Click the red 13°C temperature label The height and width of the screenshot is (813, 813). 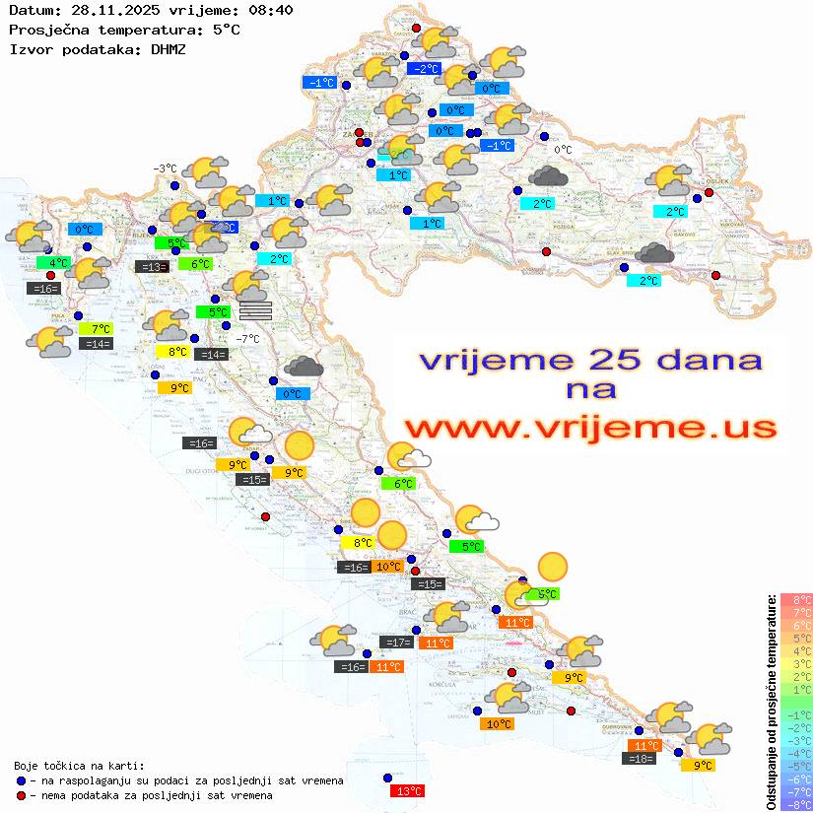(408, 790)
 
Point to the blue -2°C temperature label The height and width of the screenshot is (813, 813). (424, 69)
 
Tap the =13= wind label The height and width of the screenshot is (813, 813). (151, 266)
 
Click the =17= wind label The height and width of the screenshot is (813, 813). (396, 643)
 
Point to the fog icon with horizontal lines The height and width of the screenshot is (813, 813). (254, 310)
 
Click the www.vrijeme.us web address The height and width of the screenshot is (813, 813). (590, 429)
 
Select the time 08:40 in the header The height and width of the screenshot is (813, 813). (271, 11)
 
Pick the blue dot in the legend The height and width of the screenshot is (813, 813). (21, 779)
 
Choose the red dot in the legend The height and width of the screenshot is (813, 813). (21, 794)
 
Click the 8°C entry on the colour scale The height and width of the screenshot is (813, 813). (796, 599)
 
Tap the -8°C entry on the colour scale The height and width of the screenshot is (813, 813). (796, 805)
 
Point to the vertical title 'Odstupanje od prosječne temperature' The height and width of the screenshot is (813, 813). (771, 702)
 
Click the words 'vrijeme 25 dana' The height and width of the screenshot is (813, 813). (590, 360)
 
